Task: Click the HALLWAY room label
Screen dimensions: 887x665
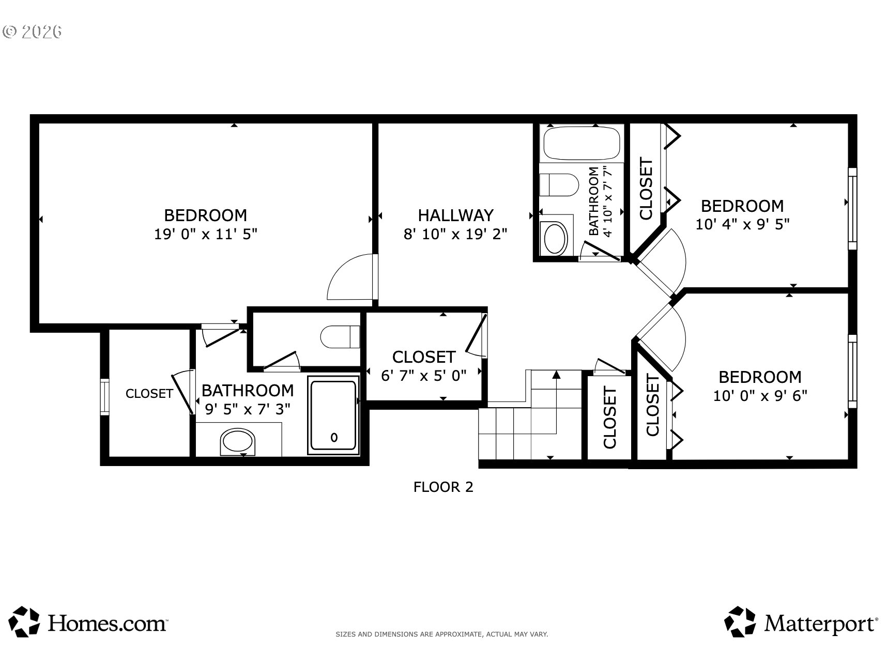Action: (455, 215)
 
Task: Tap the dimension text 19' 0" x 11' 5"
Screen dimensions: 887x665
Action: (206, 234)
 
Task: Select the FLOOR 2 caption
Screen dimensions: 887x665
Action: (443, 487)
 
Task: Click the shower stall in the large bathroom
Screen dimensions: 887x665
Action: (333, 415)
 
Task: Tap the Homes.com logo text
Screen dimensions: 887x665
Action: (108, 623)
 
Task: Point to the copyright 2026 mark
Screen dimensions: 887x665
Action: (32, 32)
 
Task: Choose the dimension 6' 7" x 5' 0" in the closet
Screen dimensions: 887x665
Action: (423, 376)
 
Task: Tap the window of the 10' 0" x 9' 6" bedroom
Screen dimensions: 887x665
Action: (852, 375)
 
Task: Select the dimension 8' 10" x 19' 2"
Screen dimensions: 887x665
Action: (455, 234)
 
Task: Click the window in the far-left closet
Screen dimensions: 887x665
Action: (105, 397)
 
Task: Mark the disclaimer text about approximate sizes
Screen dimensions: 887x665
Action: (442, 634)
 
